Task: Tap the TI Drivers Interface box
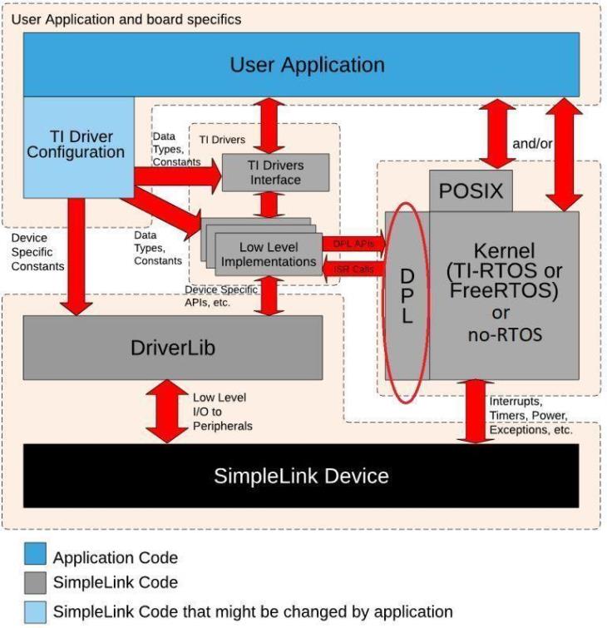tap(276, 171)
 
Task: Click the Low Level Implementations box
tap(268, 254)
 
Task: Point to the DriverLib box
tap(172, 347)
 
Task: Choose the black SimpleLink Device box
tap(301, 476)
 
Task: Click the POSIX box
tap(471, 190)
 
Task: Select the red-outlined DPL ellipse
tap(407, 297)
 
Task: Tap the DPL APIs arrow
tap(353, 243)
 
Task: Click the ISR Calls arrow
tap(353, 269)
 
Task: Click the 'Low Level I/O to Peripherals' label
tap(222, 412)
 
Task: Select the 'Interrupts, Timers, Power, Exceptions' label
tap(531, 416)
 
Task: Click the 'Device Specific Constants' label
tap(37, 252)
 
